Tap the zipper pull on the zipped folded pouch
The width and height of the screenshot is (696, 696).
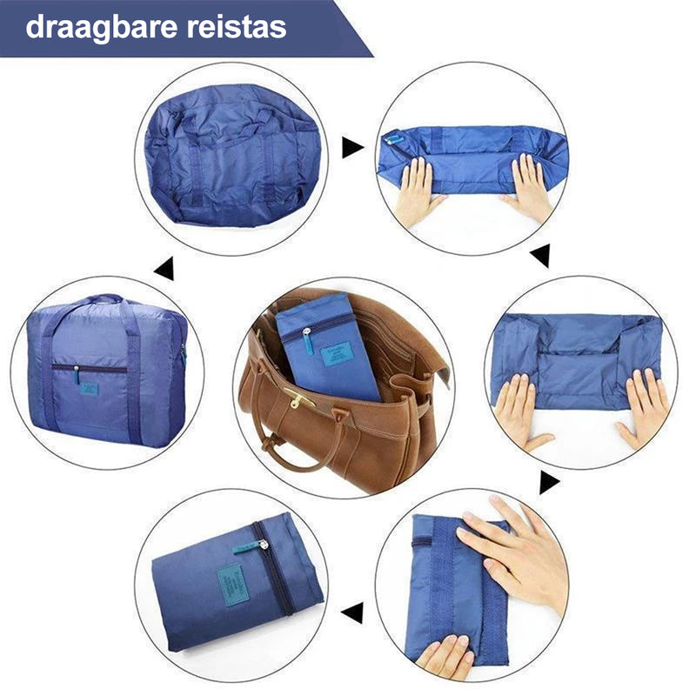(x=260, y=544)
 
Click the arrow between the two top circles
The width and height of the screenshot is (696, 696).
(x=352, y=147)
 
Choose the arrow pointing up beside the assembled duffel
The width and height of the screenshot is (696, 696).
(x=164, y=269)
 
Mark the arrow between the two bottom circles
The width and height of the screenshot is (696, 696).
(x=352, y=612)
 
